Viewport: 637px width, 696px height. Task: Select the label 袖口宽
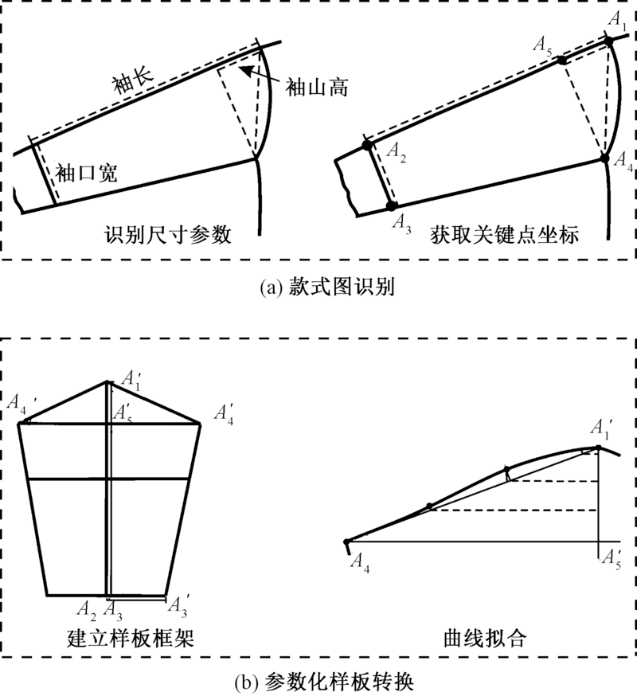(x=87, y=173)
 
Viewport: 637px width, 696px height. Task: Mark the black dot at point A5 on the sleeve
(x=562, y=60)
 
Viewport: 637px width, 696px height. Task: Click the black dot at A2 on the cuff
(x=367, y=144)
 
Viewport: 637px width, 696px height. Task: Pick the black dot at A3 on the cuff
(x=391, y=205)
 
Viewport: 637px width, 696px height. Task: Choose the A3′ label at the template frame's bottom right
(x=181, y=604)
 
